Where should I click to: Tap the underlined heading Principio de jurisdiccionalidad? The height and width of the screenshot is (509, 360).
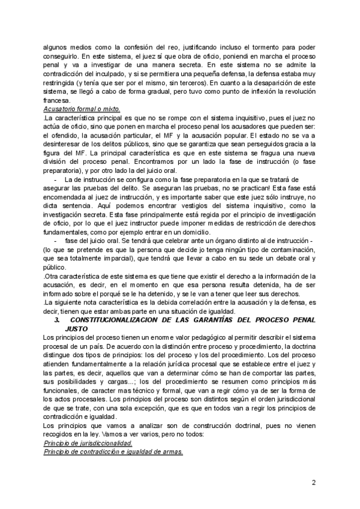point(88,443)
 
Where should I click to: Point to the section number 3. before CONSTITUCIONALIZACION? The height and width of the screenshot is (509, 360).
point(56,321)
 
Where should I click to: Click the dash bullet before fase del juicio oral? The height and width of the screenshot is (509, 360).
point(56,240)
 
